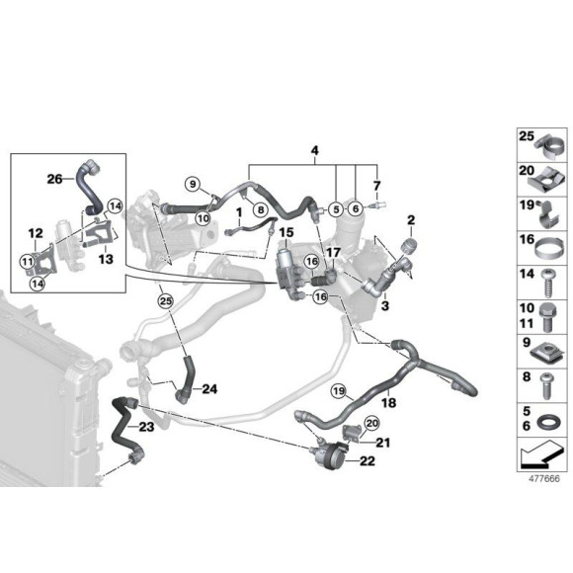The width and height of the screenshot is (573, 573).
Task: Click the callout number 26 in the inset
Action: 53,179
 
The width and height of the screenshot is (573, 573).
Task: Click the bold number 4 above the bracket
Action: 314,150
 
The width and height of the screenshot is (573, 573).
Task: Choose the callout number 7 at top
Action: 375,185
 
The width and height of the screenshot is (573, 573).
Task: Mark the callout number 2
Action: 410,218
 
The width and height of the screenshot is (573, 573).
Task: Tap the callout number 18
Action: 388,404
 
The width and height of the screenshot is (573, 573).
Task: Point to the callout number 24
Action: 208,388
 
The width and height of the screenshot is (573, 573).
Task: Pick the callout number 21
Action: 382,443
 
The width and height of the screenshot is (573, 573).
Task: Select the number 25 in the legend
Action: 526,135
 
